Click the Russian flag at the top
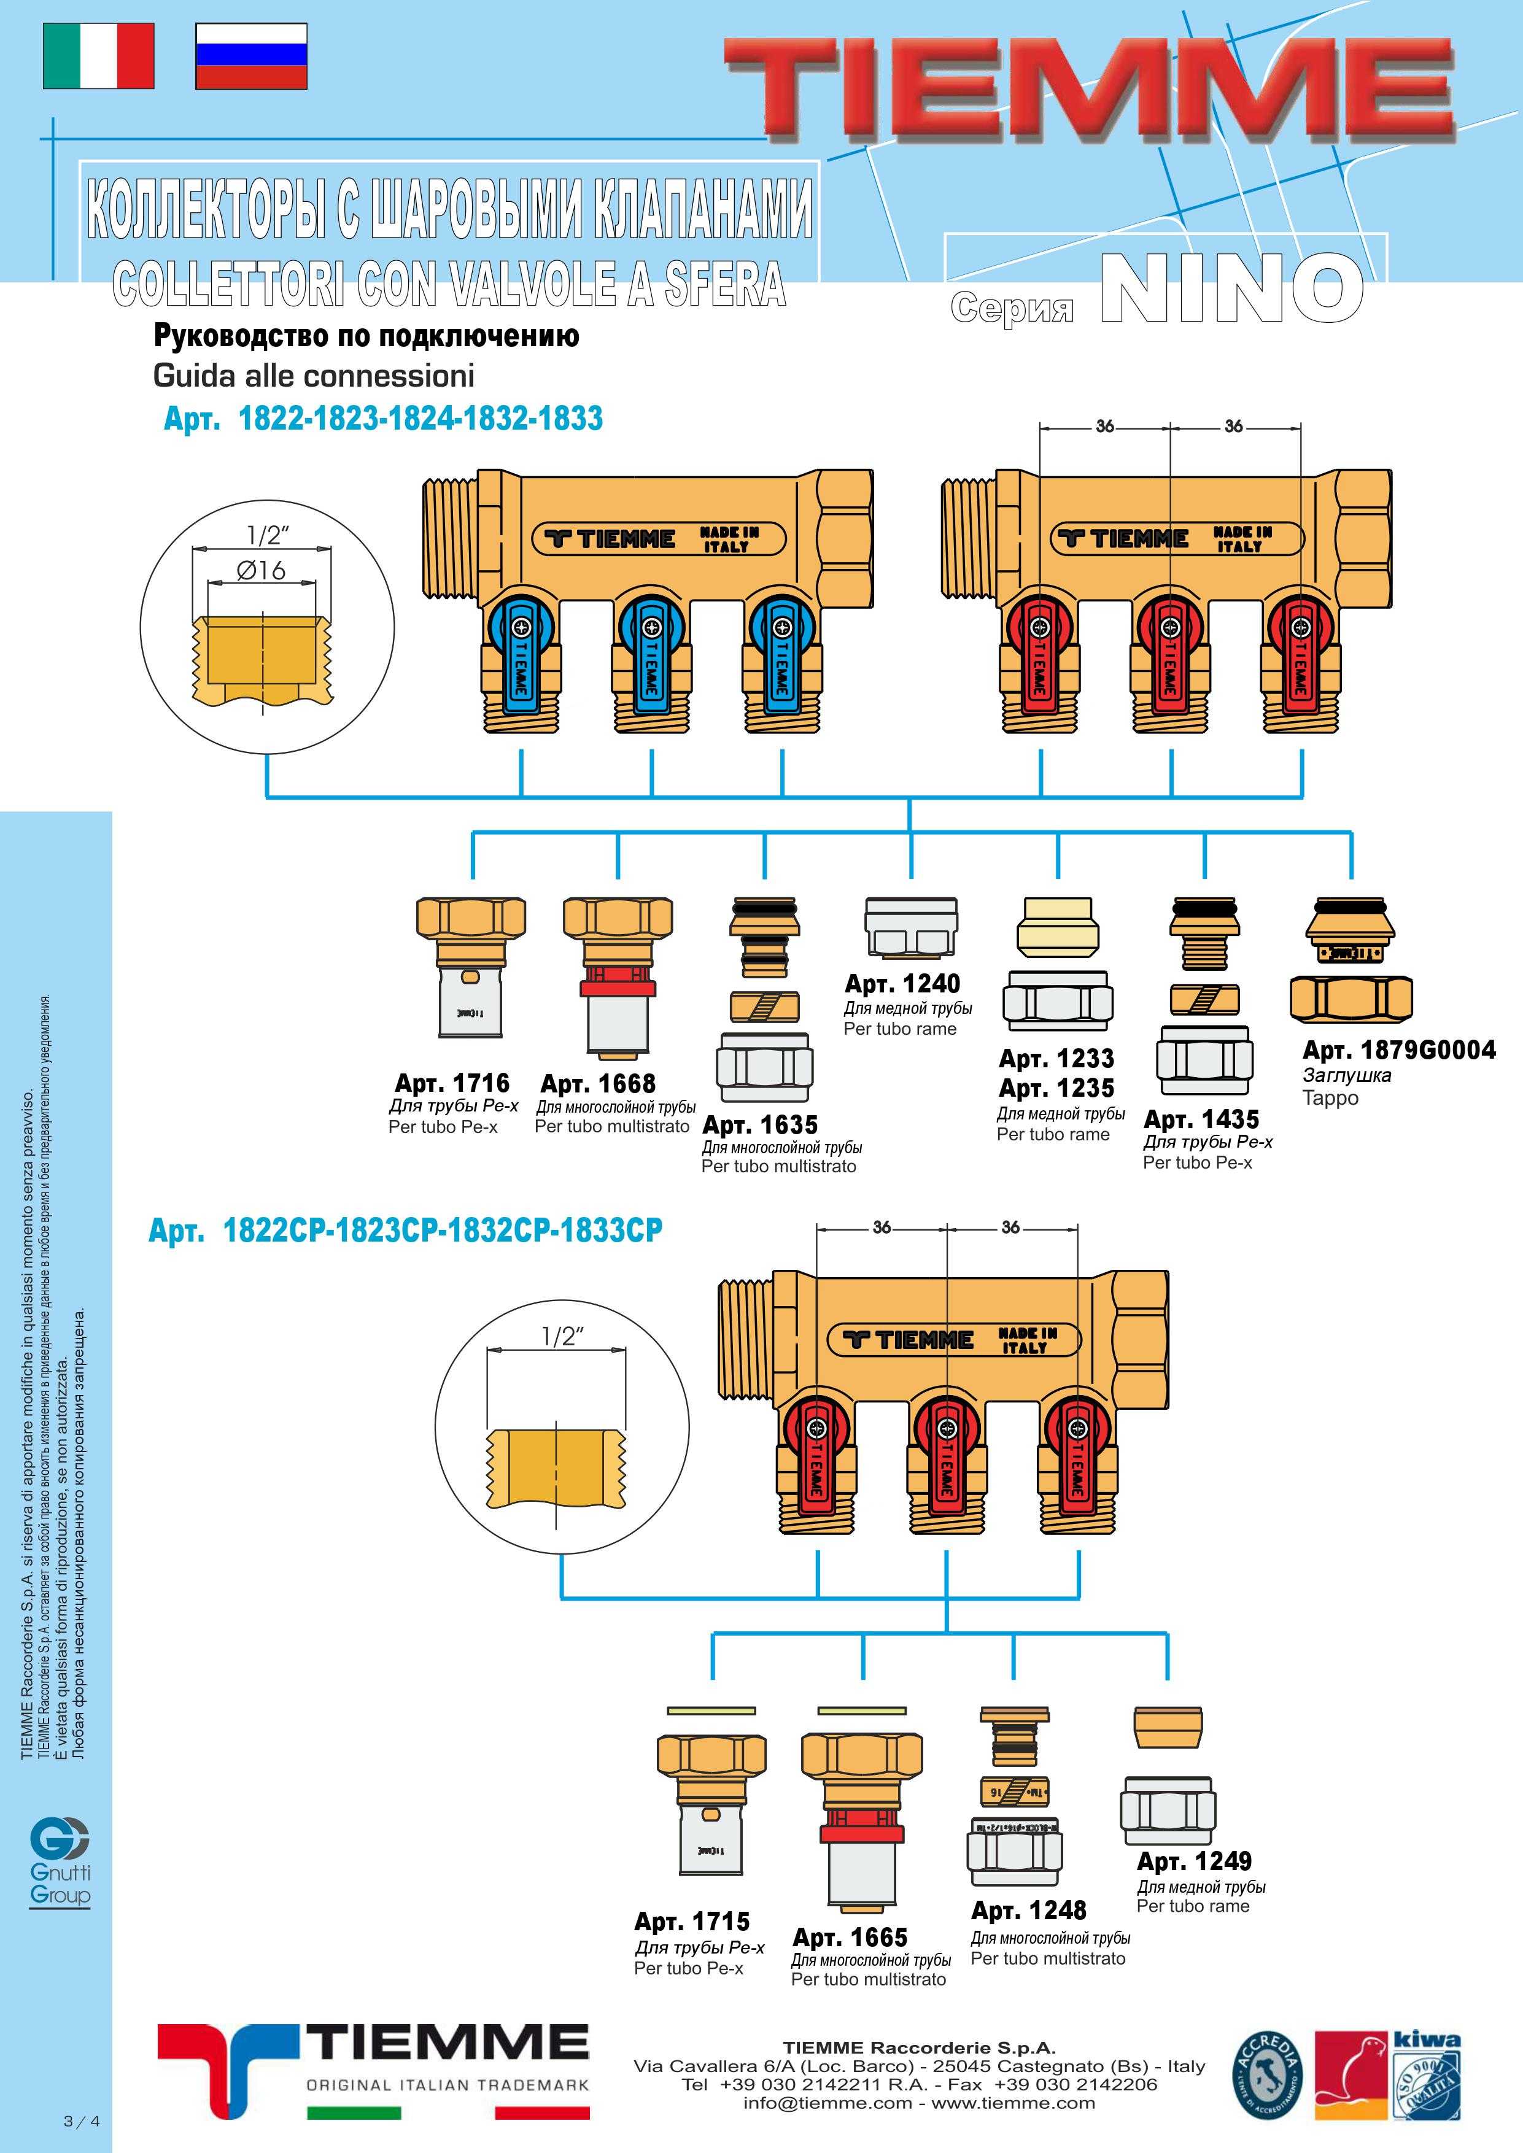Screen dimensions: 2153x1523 [x=251, y=56]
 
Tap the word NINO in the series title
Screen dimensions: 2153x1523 [x=1230, y=289]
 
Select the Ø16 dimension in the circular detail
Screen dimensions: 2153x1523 [x=261, y=569]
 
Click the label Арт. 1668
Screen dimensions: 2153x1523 [x=599, y=1084]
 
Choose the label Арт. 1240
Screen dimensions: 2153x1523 [x=902, y=984]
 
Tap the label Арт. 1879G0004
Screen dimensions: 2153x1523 [x=1399, y=1049]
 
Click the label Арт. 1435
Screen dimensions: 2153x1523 [x=1201, y=1119]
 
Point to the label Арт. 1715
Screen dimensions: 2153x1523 [x=692, y=1922]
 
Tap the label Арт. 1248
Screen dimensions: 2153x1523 [x=1029, y=1910]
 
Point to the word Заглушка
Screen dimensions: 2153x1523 [x=1347, y=1075]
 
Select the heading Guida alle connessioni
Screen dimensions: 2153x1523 [x=313, y=376]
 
